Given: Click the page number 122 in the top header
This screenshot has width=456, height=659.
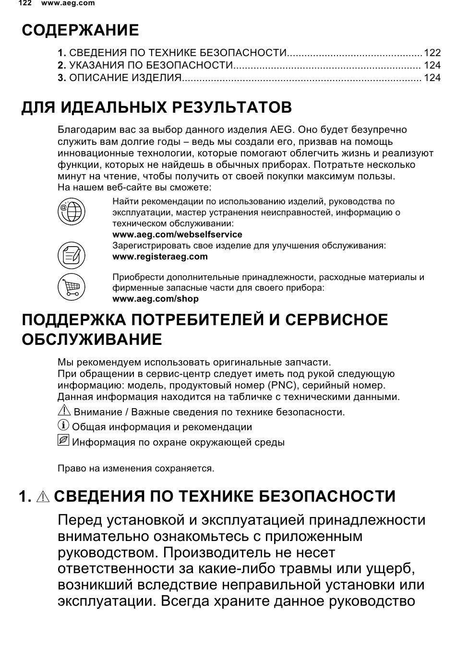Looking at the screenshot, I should pos(25,3).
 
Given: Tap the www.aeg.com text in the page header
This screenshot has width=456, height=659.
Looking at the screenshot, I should pos(68,3).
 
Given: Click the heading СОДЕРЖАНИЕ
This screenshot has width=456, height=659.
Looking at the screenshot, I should pos(80,30).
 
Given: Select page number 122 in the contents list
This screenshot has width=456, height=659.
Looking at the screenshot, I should pos(432,53).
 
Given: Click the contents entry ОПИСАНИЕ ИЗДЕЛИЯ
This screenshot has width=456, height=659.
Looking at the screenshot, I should pos(125,78).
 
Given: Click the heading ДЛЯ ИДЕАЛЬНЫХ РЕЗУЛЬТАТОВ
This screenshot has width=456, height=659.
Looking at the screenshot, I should pos(156,107).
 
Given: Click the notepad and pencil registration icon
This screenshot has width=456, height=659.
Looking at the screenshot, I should pos(71,255).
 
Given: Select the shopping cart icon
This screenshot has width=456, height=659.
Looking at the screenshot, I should pos(71,287).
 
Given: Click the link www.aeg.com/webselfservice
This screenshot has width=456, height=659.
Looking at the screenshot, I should pos(177,235).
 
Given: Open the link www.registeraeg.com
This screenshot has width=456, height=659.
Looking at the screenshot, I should pos(160,257).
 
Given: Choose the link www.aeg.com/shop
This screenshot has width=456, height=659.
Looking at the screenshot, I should pos(155,299).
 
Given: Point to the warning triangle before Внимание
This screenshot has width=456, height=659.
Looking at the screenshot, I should pos(63,411).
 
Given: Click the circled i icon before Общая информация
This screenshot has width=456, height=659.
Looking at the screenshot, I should pos(63,425).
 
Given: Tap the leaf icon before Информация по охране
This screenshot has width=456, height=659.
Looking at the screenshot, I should pos(63,440).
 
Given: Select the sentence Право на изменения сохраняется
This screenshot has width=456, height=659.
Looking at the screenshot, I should pos(136,469).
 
